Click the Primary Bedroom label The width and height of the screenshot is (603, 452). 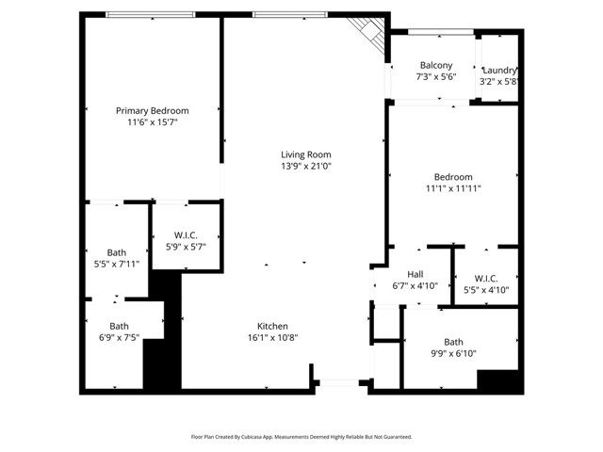coord(152,110)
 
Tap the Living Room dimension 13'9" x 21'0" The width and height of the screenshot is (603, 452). coord(306,167)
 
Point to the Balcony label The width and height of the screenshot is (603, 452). coord(436,66)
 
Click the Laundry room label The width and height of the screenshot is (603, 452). coord(499,71)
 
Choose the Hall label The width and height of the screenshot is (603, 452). coord(415,275)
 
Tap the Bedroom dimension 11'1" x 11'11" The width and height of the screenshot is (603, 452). coord(453,188)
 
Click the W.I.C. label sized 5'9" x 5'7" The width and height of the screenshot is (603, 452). coord(186,234)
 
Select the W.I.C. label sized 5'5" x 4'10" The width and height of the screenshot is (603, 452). coord(486,278)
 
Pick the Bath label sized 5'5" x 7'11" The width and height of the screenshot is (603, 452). coord(116,252)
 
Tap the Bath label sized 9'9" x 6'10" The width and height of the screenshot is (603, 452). coord(453,342)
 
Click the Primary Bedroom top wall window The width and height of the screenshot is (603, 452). coord(150,14)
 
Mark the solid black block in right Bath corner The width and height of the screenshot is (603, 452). coord(498,381)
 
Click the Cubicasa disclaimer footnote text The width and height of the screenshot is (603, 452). coord(301,437)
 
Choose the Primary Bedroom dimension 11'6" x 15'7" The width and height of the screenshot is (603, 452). coord(152,122)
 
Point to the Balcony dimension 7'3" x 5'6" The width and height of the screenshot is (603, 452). coord(436,78)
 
